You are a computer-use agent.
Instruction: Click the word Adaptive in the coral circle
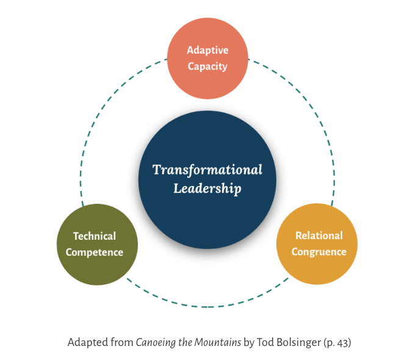click(207, 50)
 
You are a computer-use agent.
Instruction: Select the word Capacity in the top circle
click(207, 66)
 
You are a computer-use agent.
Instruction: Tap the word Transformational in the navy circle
click(207, 169)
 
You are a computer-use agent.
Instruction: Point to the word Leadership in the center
click(207, 189)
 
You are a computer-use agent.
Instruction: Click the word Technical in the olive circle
click(95, 236)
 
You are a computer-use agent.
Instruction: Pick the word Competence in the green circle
click(95, 252)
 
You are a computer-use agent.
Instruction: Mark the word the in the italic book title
click(184, 342)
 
